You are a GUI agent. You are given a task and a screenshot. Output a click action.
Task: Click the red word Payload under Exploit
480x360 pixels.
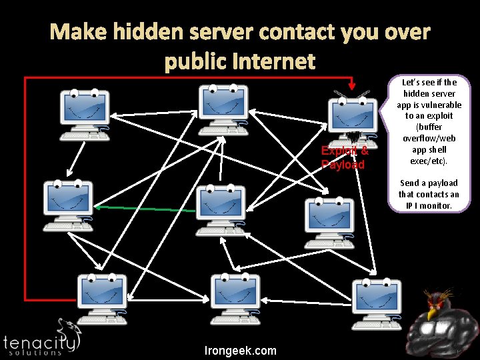(x=343, y=165)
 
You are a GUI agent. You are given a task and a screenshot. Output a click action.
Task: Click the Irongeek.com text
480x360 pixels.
(x=241, y=351)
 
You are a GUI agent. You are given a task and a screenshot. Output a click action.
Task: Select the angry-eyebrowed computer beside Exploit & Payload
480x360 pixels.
(x=350, y=117)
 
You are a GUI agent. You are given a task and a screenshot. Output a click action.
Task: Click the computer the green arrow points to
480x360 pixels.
(x=67, y=203)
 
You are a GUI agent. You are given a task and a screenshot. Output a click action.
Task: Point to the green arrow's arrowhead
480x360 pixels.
(x=97, y=208)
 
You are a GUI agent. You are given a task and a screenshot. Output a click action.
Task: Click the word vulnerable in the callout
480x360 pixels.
(x=429, y=105)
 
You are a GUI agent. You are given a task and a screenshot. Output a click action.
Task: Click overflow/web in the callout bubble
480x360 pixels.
(x=429, y=138)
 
